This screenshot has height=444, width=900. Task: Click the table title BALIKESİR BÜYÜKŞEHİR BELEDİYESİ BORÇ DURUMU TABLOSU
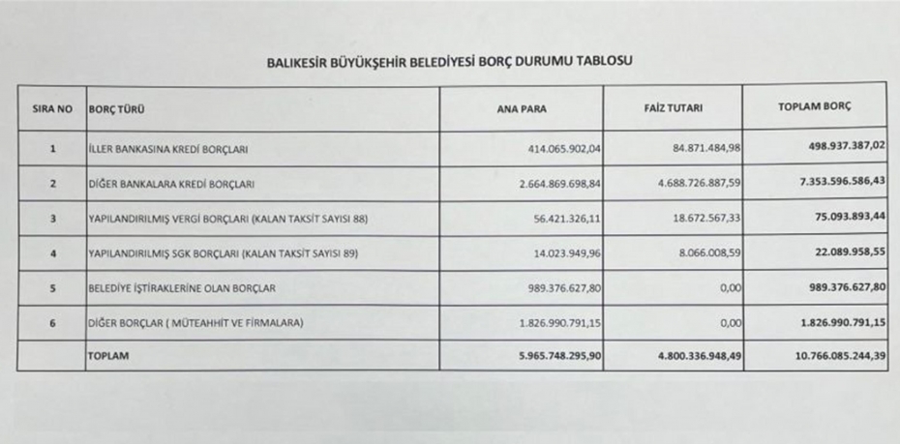[x=449, y=61]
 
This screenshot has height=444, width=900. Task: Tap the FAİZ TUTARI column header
[x=673, y=107]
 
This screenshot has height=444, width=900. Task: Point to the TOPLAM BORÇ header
[x=813, y=106]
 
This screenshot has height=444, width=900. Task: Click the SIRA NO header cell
[x=51, y=108]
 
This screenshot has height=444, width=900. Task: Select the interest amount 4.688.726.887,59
[x=682, y=182]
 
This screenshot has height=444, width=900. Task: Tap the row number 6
[x=51, y=321]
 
